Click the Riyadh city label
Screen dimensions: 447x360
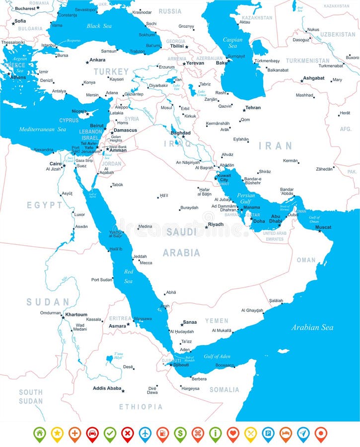pos(216,224)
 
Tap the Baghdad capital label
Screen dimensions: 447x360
pos(180,133)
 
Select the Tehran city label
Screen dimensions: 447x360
pos(253,108)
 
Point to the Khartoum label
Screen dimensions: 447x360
pos(76,314)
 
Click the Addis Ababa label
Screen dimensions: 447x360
pos(107,388)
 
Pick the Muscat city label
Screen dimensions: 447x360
pos(323,227)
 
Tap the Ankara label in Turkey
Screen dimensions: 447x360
pos(97,61)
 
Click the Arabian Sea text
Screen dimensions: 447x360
pos(312,327)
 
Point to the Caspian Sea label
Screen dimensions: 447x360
pos(232,43)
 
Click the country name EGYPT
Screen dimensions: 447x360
pos(45,205)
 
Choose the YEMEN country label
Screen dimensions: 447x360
pos(216,321)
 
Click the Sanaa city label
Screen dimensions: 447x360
pos(190,322)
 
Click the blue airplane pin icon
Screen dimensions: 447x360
pos(144,434)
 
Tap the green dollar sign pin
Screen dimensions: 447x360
pos(180,434)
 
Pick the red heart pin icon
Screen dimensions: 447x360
pos(232,434)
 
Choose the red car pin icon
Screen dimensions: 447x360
pos(92,434)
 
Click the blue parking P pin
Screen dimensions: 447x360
pos(268,434)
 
